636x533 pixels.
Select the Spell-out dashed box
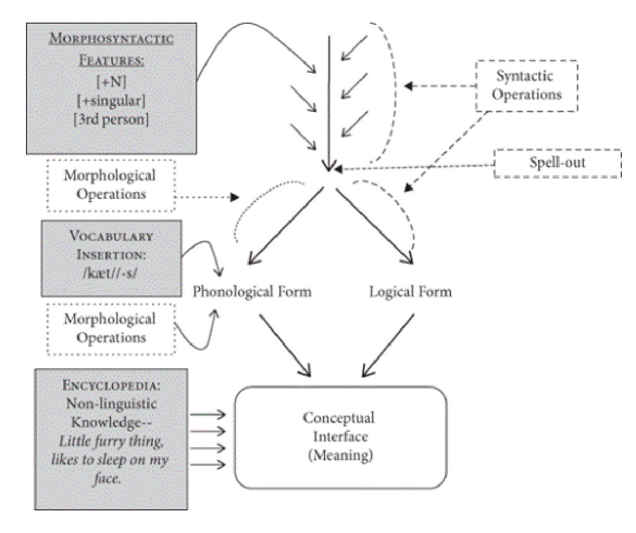(557, 164)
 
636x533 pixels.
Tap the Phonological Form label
(252, 292)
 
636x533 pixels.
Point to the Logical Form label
(410, 292)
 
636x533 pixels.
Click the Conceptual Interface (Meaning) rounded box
(340, 436)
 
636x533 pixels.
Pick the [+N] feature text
(111, 83)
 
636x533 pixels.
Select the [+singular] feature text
(111, 101)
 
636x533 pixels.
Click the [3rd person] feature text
(111, 120)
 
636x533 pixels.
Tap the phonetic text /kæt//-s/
(111, 275)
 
